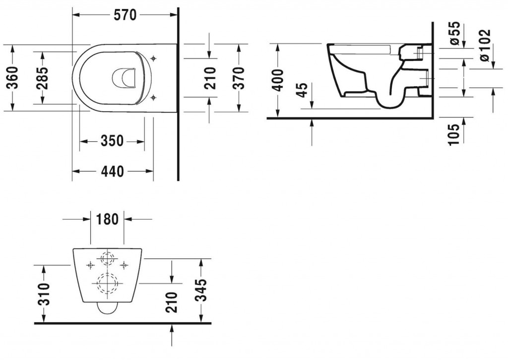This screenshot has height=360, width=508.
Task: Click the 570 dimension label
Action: point(126,15)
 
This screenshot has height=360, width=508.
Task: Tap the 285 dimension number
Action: point(43,77)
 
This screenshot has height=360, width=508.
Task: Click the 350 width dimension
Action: point(112,141)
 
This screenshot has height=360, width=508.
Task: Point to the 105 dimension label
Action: point(455,132)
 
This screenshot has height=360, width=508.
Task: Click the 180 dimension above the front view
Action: point(107,219)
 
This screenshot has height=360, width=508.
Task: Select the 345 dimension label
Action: point(200,290)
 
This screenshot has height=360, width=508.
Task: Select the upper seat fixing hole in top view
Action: point(153,59)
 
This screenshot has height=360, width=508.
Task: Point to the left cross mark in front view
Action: point(90,265)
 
